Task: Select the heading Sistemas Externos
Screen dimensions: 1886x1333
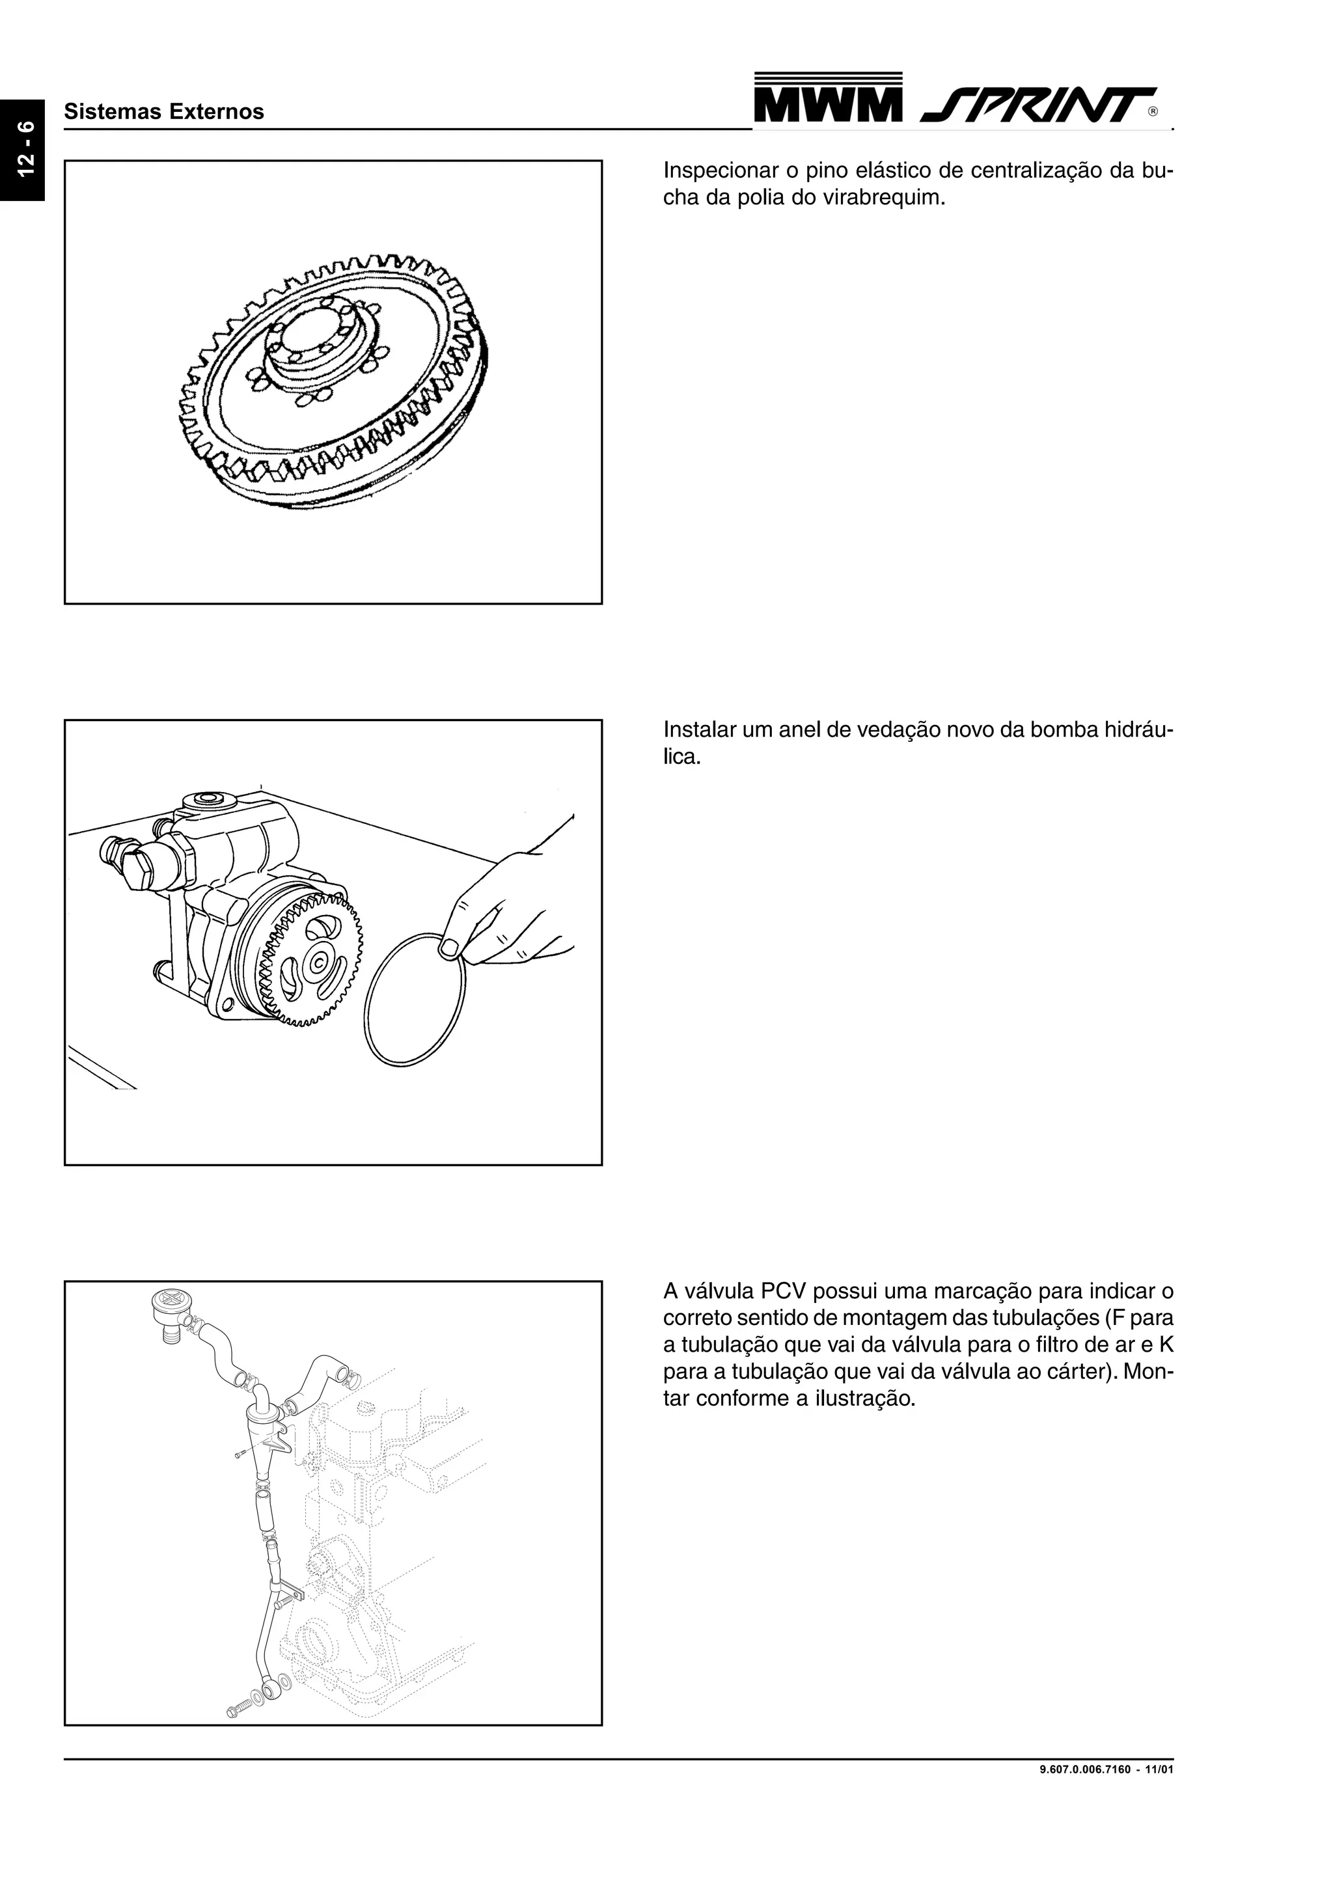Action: [x=164, y=112]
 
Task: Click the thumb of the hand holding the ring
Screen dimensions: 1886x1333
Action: [x=449, y=949]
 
